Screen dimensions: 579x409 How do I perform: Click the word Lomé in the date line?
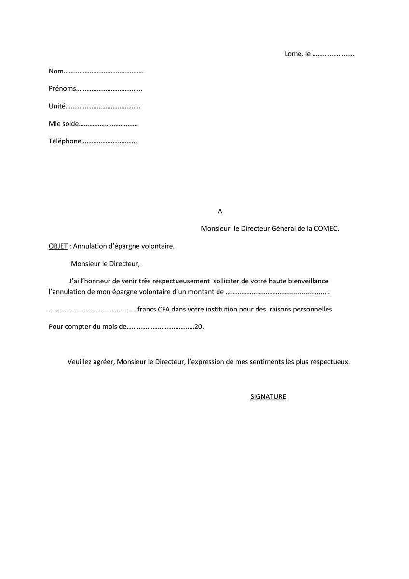(293, 54)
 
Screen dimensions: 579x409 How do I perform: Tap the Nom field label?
(56, 71)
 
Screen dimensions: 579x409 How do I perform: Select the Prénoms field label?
(62, 89)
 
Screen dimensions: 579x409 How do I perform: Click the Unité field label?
(57, 106)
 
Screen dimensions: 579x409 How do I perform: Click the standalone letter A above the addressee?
(220, 211)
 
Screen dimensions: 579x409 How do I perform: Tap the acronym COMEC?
(326, 228)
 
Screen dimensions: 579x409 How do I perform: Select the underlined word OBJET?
(58, 246)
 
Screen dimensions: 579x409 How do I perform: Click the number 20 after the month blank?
(198, 327)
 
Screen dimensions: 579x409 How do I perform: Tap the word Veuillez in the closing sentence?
(80, 361)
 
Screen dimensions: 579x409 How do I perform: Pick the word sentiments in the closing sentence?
(270, 361)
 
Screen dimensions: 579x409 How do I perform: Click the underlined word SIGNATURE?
(268, 397)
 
